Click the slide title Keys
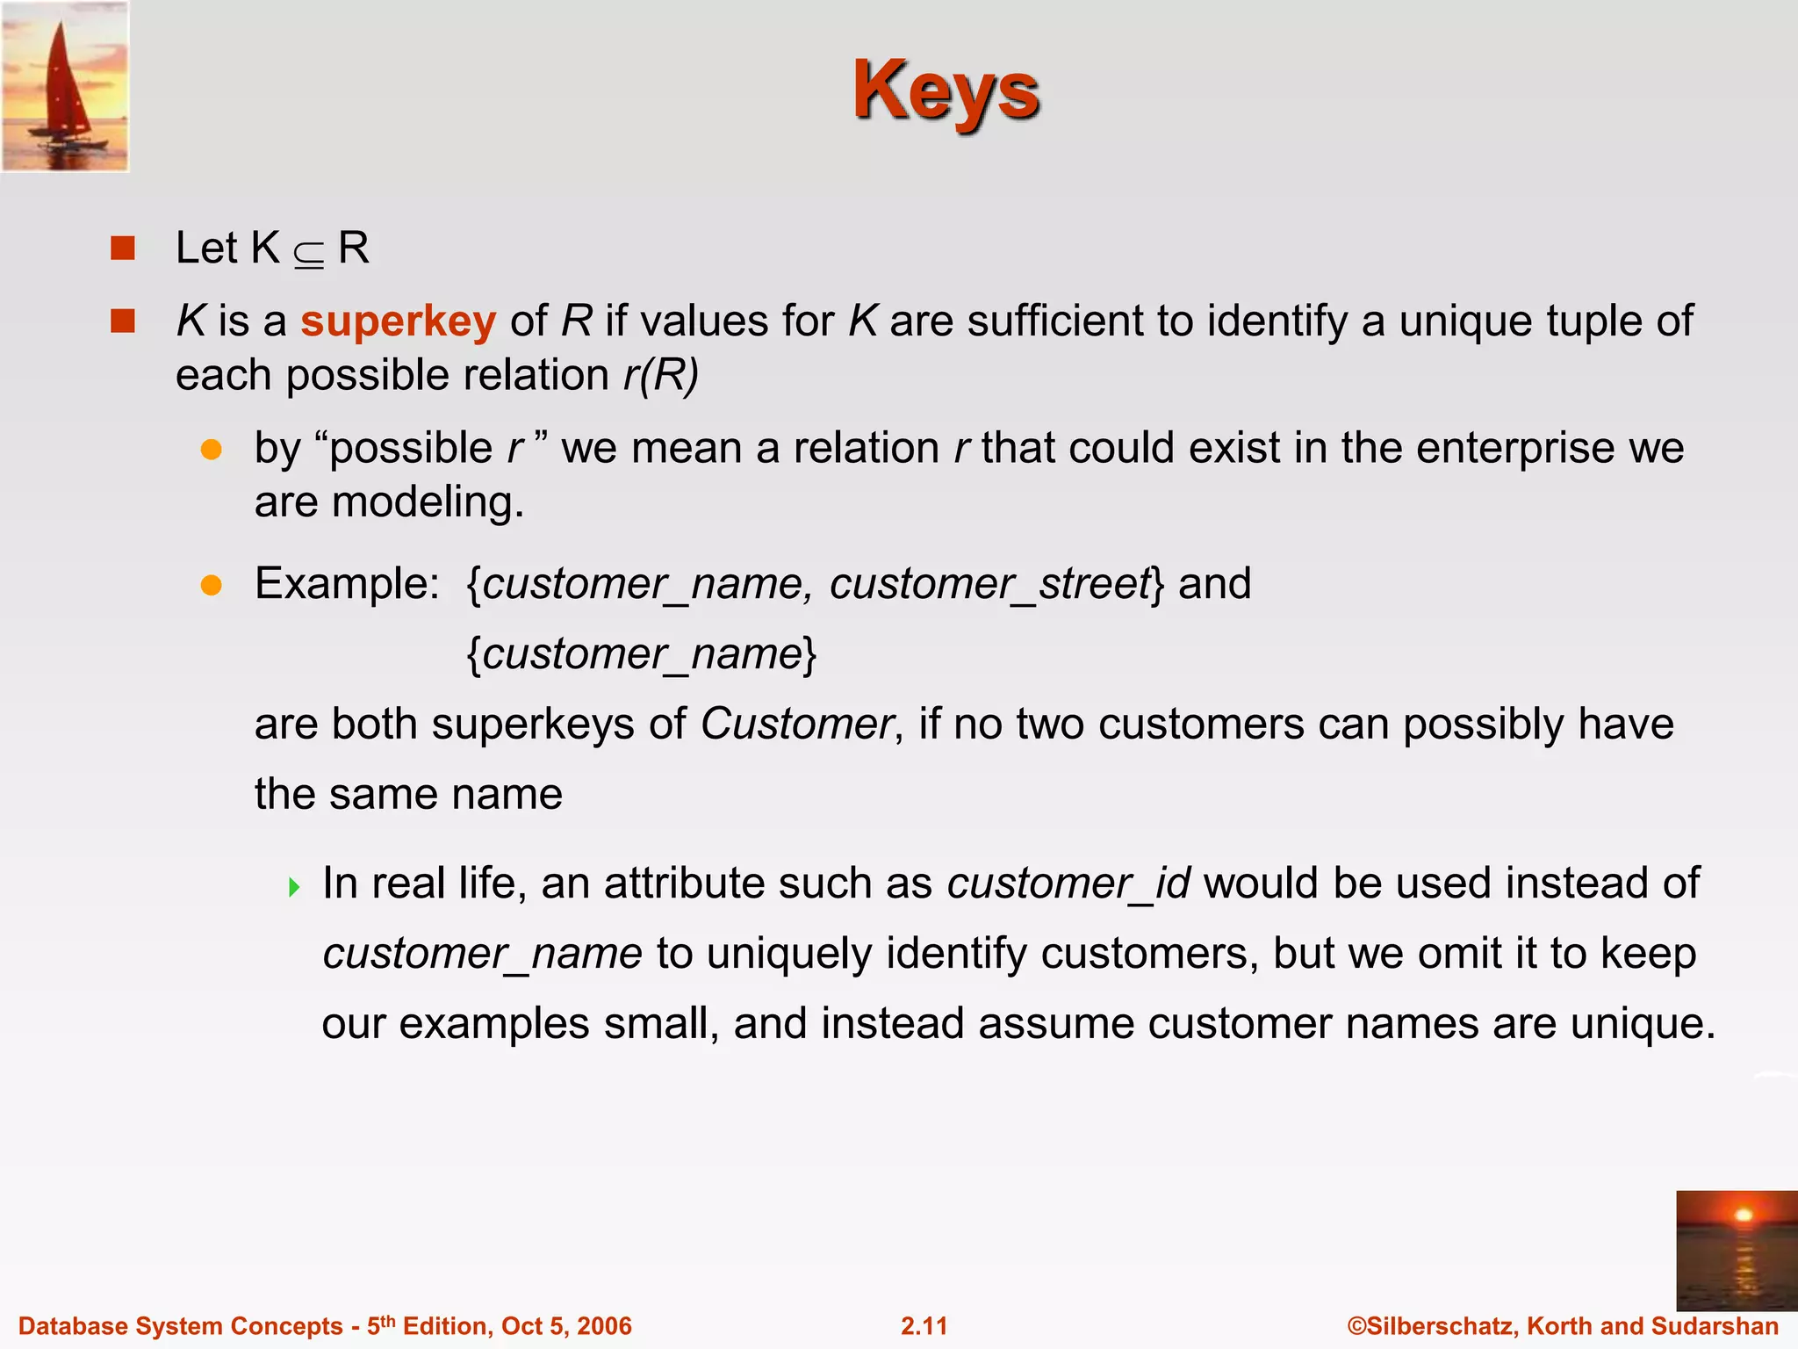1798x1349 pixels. [x=946, y=91]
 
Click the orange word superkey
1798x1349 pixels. [x=398, y=321]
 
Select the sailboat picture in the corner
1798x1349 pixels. [x=65, y=86]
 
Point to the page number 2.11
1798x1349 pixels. [x=924, y=1326]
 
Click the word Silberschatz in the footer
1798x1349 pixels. [x=1441, y=1326]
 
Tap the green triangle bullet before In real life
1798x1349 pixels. [x=294, y=886]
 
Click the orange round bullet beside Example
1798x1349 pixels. [x=211, y=585]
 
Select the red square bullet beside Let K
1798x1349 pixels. [x=123, y=249]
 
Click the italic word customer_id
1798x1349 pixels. [x=1068, y=884]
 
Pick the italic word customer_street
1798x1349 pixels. [x=989, y=585]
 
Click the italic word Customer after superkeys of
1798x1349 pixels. [x=796, y=725]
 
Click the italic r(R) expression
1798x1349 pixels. [x=660, y=376]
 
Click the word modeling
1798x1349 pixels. [x=427, y=503]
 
